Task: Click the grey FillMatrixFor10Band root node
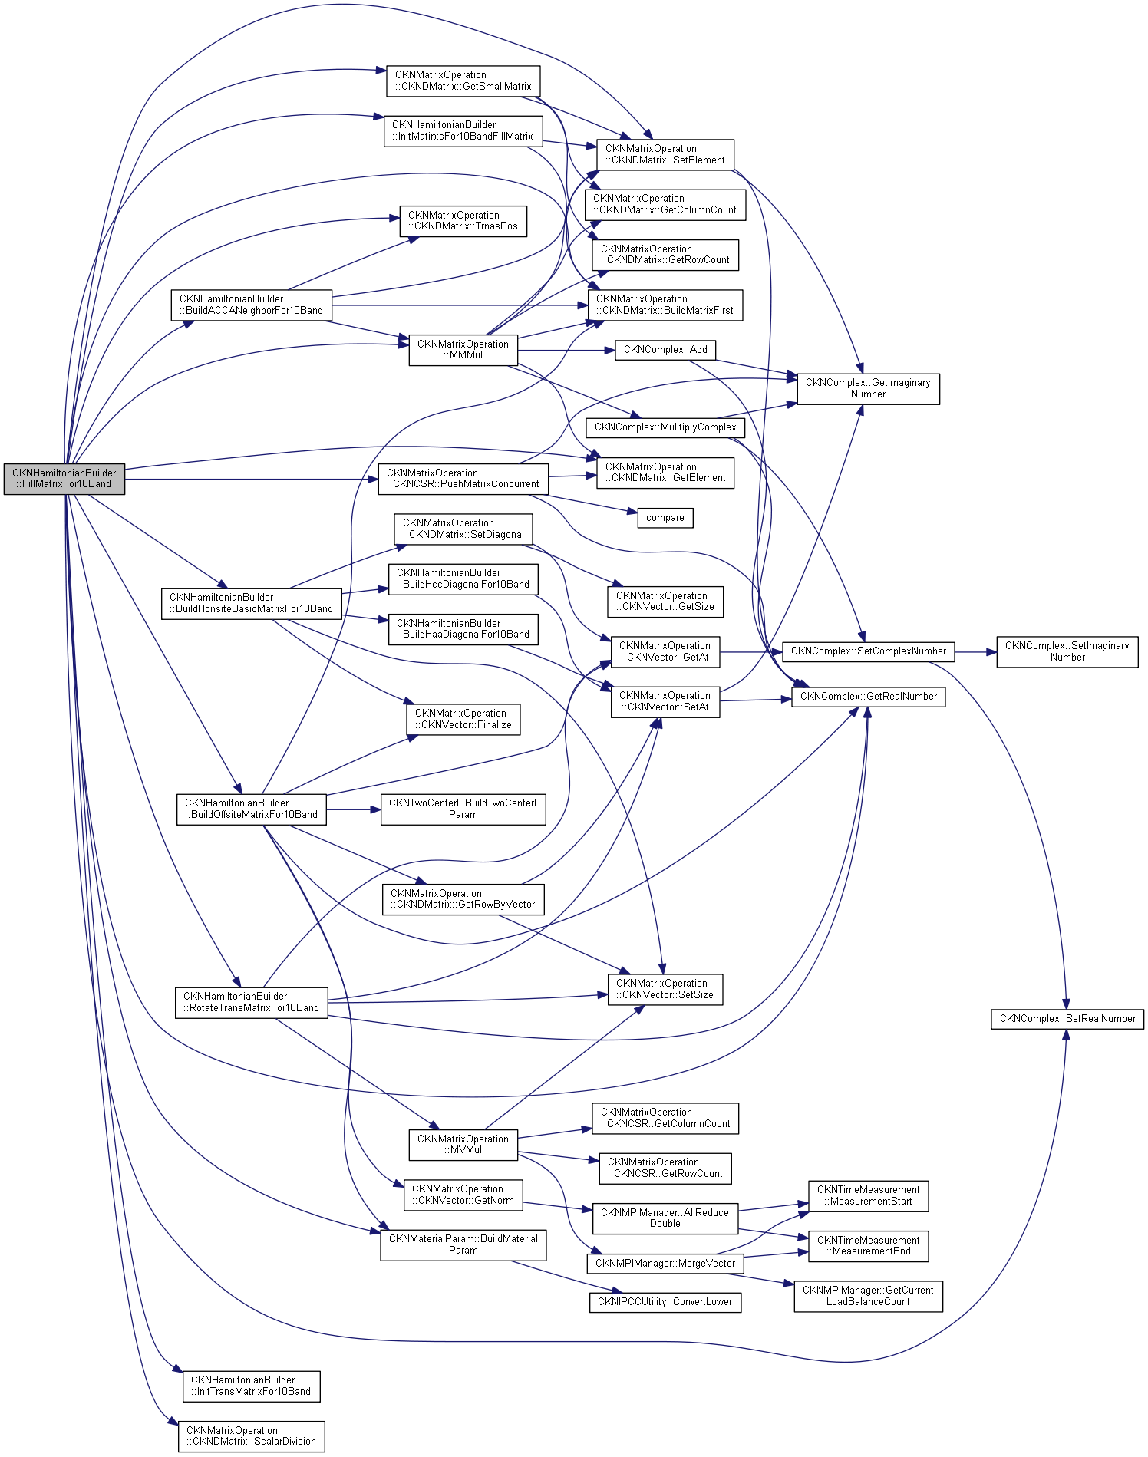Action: pyautogui.click(x=64, y=479)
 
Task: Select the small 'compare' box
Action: pyautogui.click(x=665, y=518)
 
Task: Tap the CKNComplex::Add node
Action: pyautogui.click(x=665, y=350)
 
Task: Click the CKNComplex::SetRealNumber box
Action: pyautogui.click(x=1067, y=1019)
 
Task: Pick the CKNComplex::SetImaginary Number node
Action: pyautogui.click(x=1067, y=651)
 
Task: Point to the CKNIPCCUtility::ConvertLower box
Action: pyautogui.click(x=665, y=1302)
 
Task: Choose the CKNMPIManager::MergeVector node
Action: pyautogui.click(x=665, y=1264)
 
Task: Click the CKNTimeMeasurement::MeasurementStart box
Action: pyautogui.click(x=868, y=1195)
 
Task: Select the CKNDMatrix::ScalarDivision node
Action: pyautogui.click(x=252, y=1436)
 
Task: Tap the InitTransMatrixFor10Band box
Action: pyautogui.click(x=252, y=1386)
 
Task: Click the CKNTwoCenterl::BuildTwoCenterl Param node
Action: pyautogui.click(x=463, y=809)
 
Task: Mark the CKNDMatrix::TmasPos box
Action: pyautogui.click(x=463, y=221)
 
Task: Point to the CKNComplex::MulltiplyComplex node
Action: pyautogui.click(x=665, y=427)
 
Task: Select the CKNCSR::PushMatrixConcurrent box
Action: pyautogui.click(x=463, y=479)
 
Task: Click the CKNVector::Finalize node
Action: pyautogui.click(x=463, y=719)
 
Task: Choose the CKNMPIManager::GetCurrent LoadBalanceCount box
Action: pyautogui.click(x=868, y=1296)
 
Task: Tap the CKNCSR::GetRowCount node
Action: pyautogui.click(x=665, y=1168)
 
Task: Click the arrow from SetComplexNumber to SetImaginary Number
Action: pyautogui.click(x=975, y=652)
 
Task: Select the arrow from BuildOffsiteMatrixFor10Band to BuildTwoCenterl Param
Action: pyautogui.click(x=354, y=809)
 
